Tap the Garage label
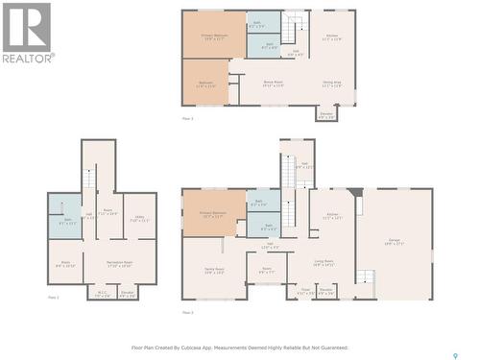click(394, 242)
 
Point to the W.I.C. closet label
click(103, 295)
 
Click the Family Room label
click(213, 271)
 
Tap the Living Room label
click(324, 261)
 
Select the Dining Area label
click(331, 85)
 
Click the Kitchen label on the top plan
click(331, 37)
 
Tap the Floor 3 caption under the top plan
click(187, 118)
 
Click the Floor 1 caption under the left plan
click(54, 299)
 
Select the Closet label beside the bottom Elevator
click(304, 289)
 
